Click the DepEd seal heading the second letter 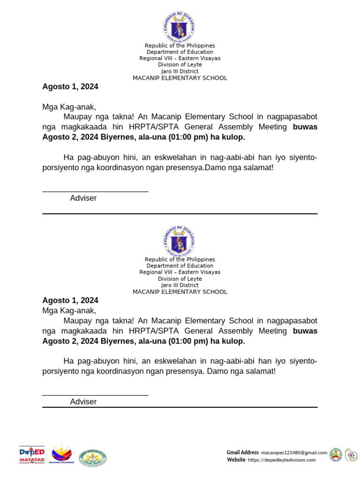click(x=179, y=241)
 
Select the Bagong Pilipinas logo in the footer click(x=61, y=455)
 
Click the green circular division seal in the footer click(x=92, y=456)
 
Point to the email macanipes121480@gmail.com click(x=294, y=452)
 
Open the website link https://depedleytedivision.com click(x=281, y=460)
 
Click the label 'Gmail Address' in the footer click(x=242, y=452)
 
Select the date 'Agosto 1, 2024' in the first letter click(x=70, y=87)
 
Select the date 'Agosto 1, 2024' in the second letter click(x=70, y=300)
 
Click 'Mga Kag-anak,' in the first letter click(x=69, y=107)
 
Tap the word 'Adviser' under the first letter click(x=83, y=198)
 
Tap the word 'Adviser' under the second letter click(x=83, y=402)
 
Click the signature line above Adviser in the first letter click(x=95, y=191)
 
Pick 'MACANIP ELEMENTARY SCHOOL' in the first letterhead click(x=180, y=78)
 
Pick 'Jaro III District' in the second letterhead click(x=180, y=285)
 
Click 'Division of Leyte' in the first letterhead click(x=180, y=65)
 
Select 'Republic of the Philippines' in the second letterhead click(x=180, y=259)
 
